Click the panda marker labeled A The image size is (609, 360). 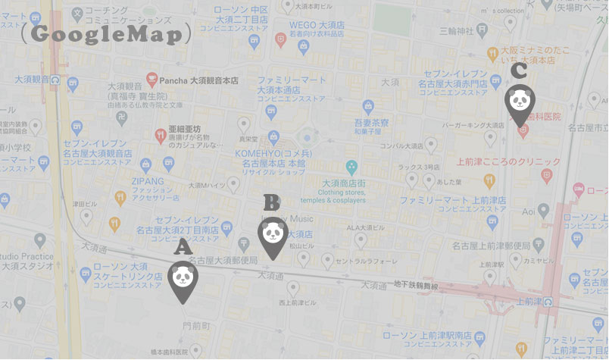[183, 280]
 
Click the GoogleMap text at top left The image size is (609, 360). [106, 34]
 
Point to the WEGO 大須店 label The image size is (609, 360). [317, 25]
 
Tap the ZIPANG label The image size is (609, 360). [148, 182]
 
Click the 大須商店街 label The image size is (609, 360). [344, 183]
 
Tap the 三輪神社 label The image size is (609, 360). [456, 30]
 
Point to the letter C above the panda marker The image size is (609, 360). [519, 70]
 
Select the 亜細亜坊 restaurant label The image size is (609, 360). [184, 130]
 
